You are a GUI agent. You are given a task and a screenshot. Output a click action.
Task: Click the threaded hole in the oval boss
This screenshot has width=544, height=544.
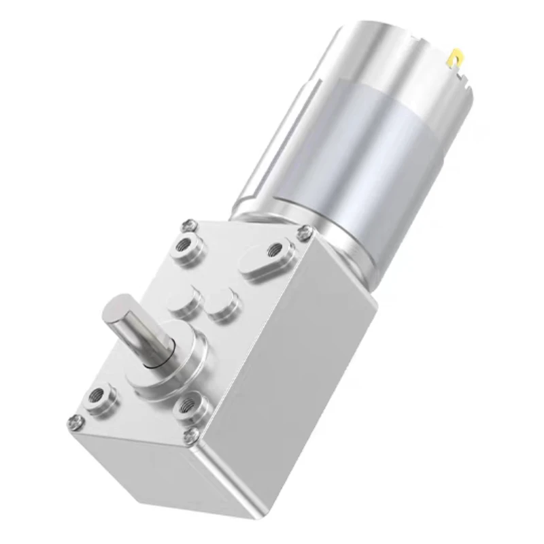[x=275, y=250]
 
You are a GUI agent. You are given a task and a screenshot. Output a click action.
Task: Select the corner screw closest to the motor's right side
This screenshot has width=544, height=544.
[x=305, y=233]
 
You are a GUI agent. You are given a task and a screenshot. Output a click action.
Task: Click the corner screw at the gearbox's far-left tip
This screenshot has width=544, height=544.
[x=75, y=423]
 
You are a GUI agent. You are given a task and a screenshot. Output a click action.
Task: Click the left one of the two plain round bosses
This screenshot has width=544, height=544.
[x=184, y=299]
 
